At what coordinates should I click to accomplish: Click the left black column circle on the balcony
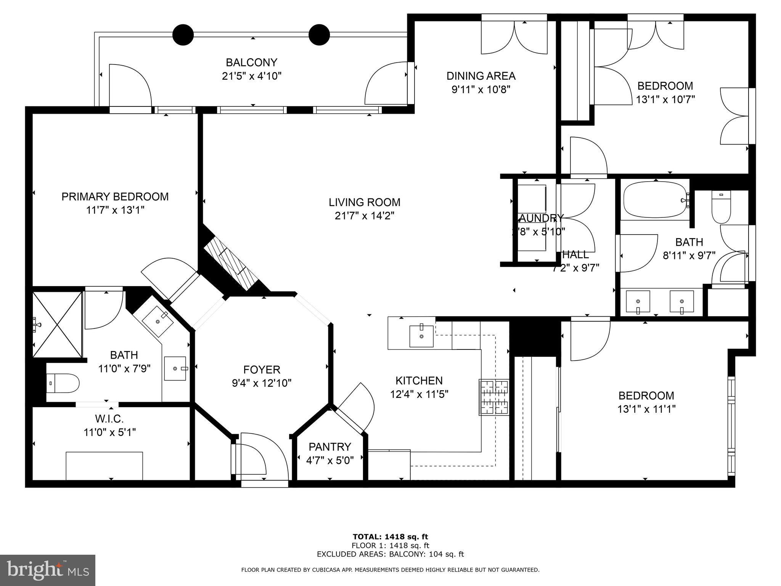183,35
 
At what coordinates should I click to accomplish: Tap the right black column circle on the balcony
319,35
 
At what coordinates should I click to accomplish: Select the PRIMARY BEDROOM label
115,196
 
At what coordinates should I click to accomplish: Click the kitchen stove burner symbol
494,397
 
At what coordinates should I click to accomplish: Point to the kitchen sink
421,336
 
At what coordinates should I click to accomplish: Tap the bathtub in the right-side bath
656,200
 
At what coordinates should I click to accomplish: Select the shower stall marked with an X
57,325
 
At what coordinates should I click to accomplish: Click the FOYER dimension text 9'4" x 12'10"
262,383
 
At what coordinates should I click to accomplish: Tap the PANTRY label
329,446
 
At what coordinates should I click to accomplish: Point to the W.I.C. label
109,419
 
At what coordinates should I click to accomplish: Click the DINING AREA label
481,76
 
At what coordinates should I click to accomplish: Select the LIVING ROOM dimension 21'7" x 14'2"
364,216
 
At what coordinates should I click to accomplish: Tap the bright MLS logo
48,571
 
